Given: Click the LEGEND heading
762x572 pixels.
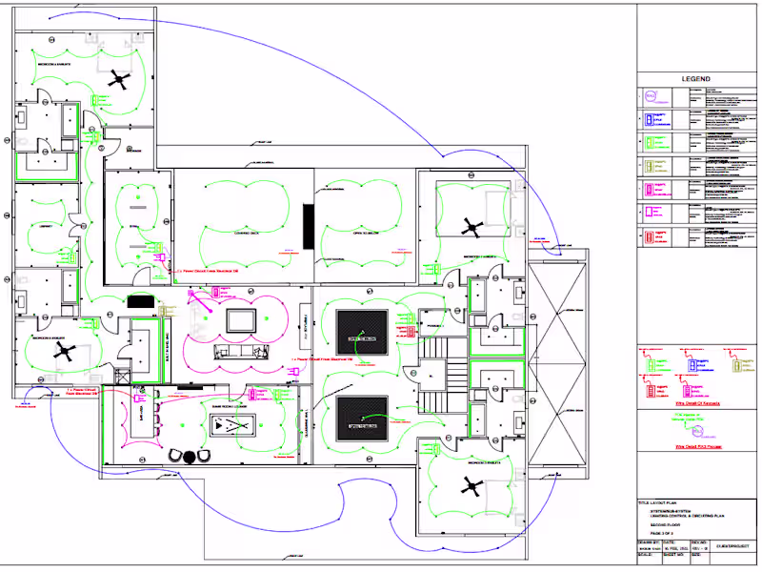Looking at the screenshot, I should [695, 78].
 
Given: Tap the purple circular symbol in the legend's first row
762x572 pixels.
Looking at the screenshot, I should [651, 96].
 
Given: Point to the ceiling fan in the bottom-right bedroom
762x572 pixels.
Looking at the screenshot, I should [471, 487].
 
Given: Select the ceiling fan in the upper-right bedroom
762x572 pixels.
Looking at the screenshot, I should [471, 227].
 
